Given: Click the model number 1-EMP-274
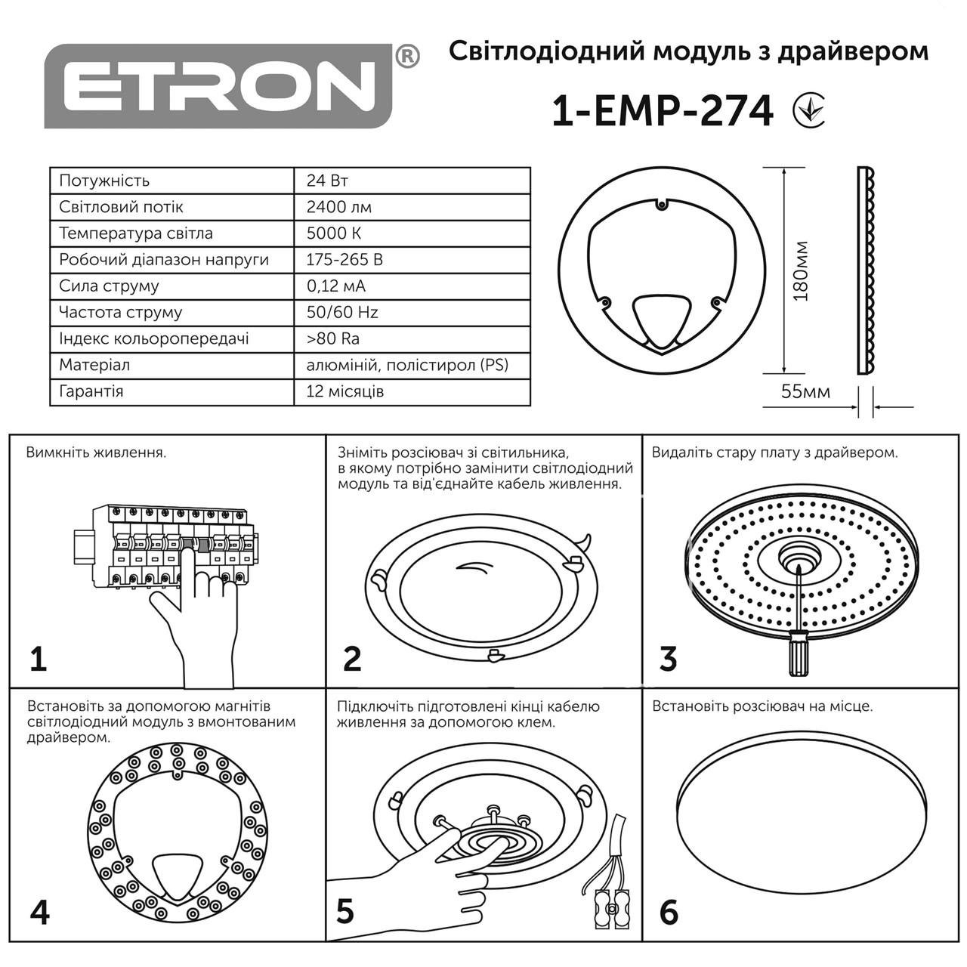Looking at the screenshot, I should point(663,112).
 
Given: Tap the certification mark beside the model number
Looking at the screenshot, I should point(809,110).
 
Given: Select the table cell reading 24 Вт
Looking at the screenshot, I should point(327,181).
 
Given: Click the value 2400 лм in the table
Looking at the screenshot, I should point(339,207).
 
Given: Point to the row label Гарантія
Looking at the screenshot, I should point(91,391).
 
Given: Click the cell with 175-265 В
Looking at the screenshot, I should point(344,260).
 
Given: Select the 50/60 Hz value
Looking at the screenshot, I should point(342,312).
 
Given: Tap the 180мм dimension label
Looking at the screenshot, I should point(802,271).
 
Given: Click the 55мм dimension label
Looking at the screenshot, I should point(805,391).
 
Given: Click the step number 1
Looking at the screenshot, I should point(38,659).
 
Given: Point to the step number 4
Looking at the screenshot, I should point(39,912).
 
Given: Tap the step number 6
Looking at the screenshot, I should point(669,912).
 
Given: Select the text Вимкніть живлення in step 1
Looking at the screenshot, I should point(96,453).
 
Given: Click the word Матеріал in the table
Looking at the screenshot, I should point(94,365).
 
